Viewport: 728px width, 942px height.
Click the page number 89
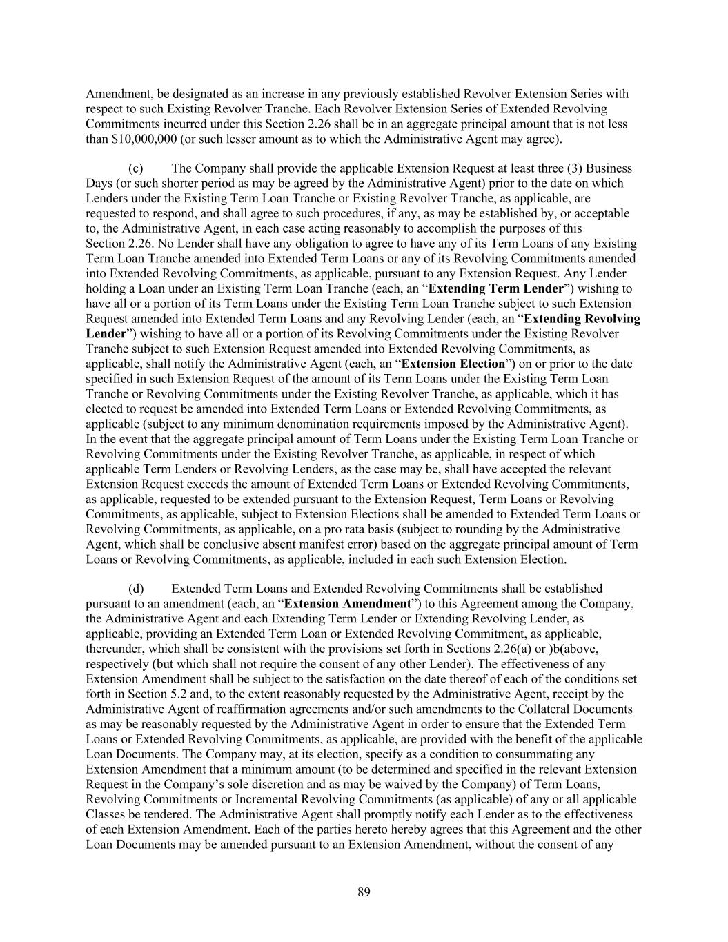pos(364,892)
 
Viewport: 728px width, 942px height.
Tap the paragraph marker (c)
pos(136,168)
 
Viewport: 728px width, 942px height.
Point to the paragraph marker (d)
pos(136,589)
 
